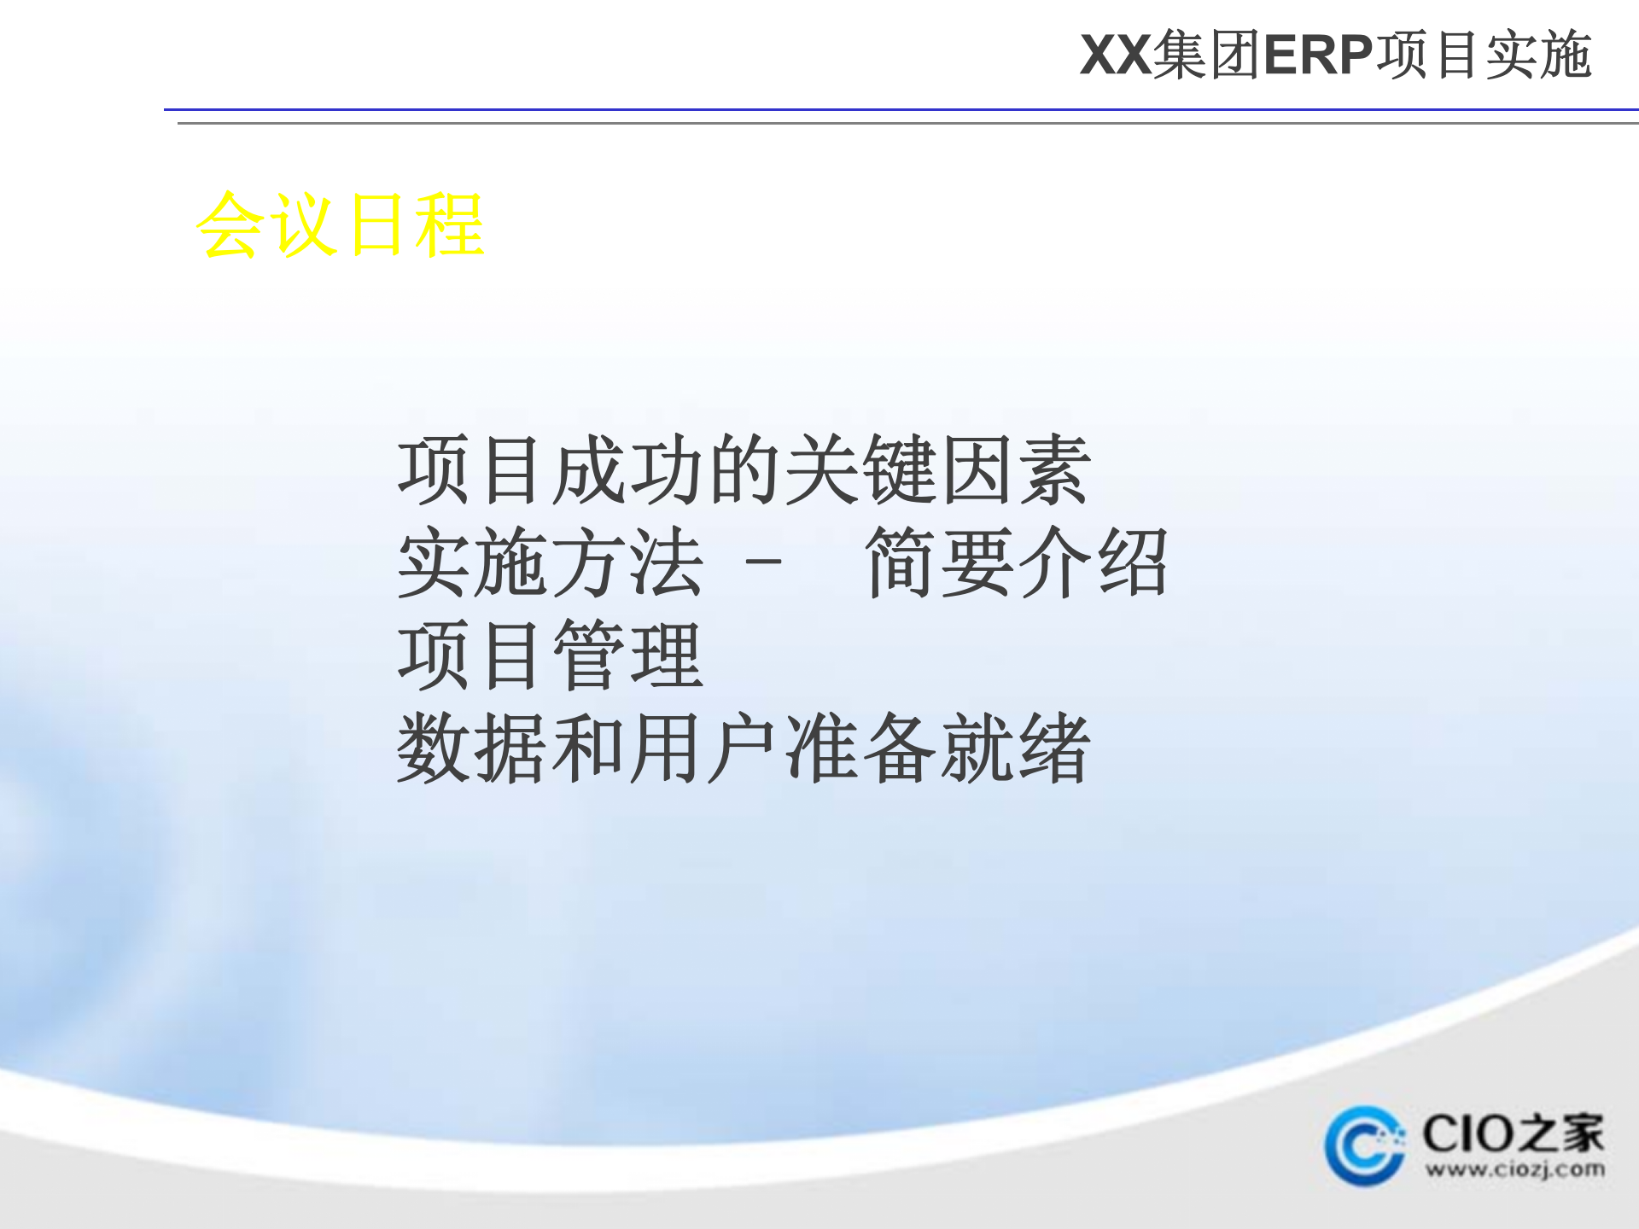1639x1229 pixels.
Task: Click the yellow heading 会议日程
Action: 340,225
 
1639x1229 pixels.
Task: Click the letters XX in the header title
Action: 1115,55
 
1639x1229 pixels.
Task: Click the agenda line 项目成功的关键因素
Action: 743,469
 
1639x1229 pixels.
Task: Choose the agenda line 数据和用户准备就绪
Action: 743,748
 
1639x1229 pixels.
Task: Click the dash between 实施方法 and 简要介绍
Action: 763,562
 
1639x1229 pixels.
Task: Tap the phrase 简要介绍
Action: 1016,562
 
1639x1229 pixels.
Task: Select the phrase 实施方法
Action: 550,562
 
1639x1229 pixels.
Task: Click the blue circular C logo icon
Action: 1363,1146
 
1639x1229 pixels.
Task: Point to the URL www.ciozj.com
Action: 1514,1169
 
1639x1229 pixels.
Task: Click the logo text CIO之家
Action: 1513,1133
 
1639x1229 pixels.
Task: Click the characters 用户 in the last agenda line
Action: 704,748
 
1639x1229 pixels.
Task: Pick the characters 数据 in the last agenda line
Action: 472,748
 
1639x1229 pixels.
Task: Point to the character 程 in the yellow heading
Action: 450,225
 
